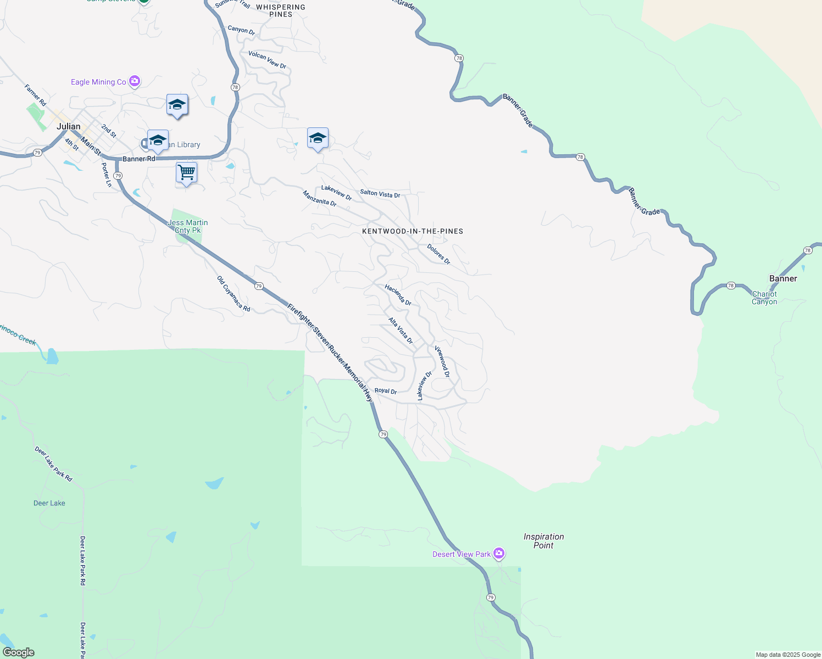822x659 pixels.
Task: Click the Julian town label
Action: point(69,126)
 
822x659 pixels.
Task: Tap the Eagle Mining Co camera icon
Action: point(135,81)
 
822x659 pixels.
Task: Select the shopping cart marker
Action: point(186,172)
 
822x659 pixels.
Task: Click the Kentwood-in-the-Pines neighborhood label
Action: point(413,231)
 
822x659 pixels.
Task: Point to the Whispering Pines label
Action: point(281,11)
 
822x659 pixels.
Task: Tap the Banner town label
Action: point(783,278)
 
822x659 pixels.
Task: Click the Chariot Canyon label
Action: point(764,298)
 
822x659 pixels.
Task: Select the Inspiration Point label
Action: point(543,541)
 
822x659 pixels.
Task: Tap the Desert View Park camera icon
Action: point(499,553)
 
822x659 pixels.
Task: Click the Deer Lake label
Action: point(49,503)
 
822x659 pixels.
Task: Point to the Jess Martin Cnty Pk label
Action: point(188,226)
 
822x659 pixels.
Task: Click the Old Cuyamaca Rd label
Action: point(234,294)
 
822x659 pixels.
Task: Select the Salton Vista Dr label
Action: point(380,193)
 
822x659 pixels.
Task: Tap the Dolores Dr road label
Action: point(438,254)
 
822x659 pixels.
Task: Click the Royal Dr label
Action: point(385,391)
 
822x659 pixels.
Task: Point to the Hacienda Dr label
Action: point(398,295)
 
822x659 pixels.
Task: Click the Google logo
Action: point(19,652)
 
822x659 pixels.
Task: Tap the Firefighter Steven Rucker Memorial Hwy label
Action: point(330,352)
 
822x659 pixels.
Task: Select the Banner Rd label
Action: point(138,159)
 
